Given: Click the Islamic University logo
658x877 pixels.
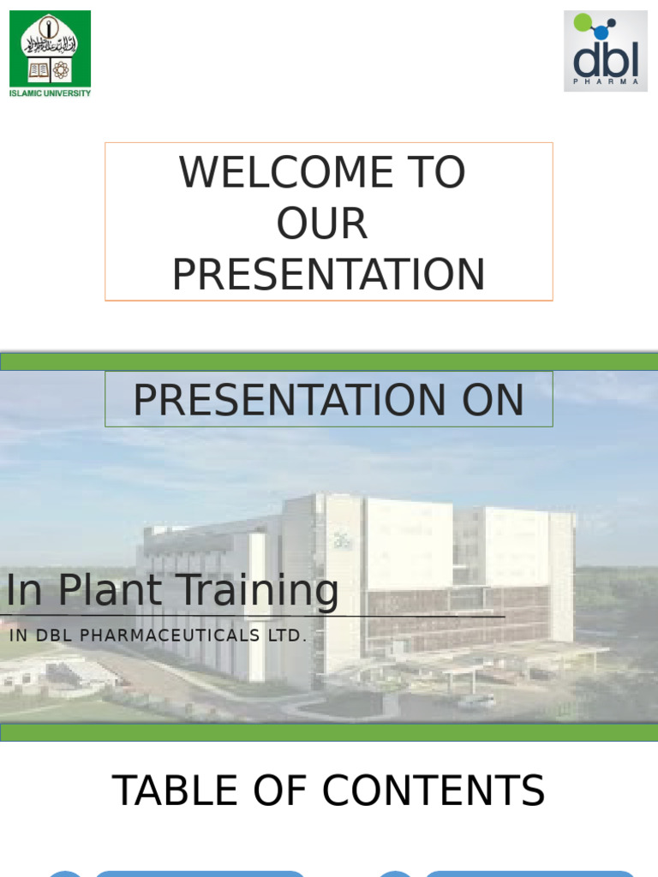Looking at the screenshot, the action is pyautogui.click(x=50, y=54).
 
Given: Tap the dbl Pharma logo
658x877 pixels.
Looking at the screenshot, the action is pyautogui.click(x=606, y=51).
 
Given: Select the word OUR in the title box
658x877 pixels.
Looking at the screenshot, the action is pyautogui.click(x=322, y=224).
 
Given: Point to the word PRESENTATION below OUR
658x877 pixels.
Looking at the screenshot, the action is pyautogui.click(x=328, y=275).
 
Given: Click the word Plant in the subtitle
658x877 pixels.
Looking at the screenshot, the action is pyautogui.click(x=111, y=589).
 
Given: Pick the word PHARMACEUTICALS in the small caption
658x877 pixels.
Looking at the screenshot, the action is pyautogui.click(x=170, y=635).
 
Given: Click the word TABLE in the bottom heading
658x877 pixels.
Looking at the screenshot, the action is pyautogui.click(x=175, y=790).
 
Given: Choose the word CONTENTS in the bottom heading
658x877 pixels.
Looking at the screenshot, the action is pyautogui.click(x=434, y=790).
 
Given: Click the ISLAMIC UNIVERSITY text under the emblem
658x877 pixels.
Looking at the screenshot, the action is pyautogui.click(x=50, y=93).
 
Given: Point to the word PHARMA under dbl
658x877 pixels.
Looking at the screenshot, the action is pyautogui.click(x=606, y=81).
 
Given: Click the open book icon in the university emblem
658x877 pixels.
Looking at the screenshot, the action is pyautogui.click(x=39, y=70).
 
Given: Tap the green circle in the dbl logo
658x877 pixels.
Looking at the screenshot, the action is pyautogui.click(x=583, y=21).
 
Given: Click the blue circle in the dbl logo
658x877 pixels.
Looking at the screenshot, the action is pyautogui.click(x=601, y=32).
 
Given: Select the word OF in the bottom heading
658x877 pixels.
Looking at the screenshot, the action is pyautogui.click(x=280, y=790).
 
